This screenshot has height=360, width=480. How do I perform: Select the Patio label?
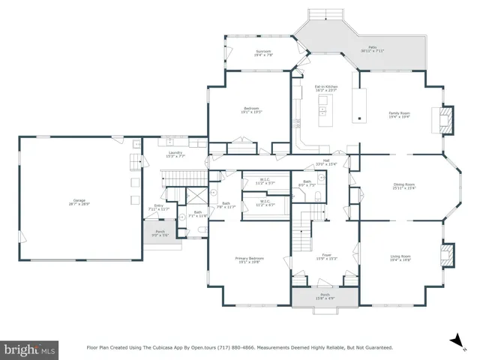[x=372, y=49]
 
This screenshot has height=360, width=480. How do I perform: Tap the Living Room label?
[x=400, y=259]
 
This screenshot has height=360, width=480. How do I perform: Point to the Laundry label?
[x=175, y=154]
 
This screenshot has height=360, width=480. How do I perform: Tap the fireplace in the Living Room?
[x=447, y=254]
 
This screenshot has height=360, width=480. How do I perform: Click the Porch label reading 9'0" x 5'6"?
[x=160, y=233]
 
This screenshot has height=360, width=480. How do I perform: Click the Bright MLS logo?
[x=30, y=349]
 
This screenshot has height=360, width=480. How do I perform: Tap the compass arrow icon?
[x=454, y=340]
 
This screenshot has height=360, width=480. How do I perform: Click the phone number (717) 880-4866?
[x=220, y=347]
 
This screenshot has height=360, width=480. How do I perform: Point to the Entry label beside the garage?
[x=159, y=207]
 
